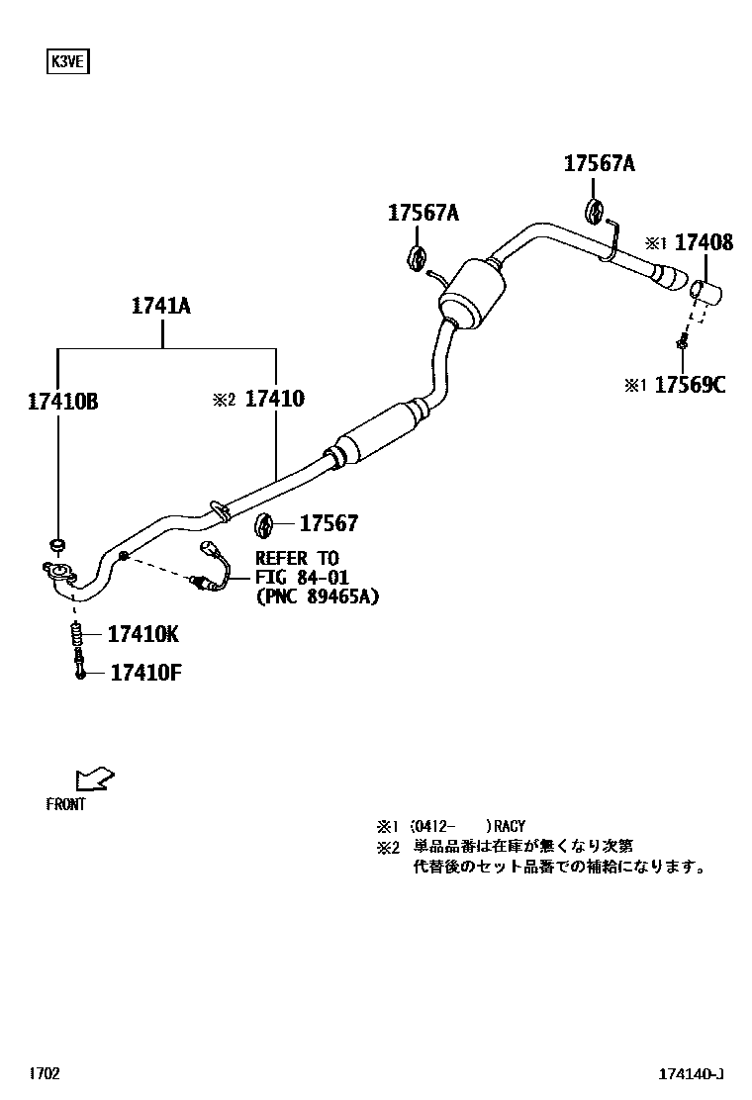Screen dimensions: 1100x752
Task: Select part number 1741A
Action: click(x=160, y=306)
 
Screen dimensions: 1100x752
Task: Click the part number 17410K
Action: click(x=143, y=634)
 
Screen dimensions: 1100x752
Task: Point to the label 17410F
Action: click(x=144, y=674)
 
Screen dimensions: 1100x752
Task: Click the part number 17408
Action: click(x=704, y=242)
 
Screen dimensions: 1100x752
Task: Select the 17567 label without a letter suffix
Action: click(x=329, y=524)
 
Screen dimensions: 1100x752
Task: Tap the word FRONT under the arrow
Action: click(x=65, y=805)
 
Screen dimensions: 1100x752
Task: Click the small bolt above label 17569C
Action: click(x=683, y=342)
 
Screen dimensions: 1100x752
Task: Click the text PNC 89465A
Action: click(x=317, y=596)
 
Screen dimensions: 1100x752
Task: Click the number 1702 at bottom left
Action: click(x=45, y=1074)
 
